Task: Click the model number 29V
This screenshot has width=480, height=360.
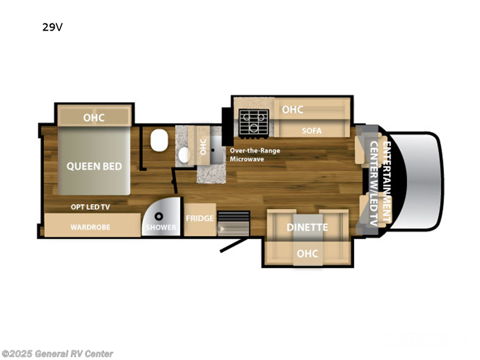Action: [x=52, y=27]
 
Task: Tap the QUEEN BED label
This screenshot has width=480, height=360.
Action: [x=94, y=166]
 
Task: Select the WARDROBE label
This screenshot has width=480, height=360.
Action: [x=91, y=227]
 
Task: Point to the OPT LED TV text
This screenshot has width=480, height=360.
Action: [x=91, y=207]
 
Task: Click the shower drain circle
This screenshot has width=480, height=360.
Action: [x=158, y=217]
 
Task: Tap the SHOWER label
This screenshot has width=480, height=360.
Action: [x=161, y=227]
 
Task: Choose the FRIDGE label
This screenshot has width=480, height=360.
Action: [x=200, y=218]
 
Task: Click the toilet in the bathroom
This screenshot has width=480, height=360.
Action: [x=159, y=140]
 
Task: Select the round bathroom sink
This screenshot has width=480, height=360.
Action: [x=184, y=155]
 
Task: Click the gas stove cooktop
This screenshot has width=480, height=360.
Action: [x=254, y=122]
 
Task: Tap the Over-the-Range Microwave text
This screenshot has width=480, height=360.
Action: [x=255, y=155]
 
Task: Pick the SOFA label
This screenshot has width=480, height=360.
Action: [x=311, y=131]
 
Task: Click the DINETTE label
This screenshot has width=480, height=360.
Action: [x=307, y=227]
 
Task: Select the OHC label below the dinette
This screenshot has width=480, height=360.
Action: [x=307, y=254]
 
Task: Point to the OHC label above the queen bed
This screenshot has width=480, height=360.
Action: [x=94, y=118]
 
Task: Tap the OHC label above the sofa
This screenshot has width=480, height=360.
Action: [x=293, y=110]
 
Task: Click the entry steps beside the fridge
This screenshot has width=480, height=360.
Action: [x=233, y=223]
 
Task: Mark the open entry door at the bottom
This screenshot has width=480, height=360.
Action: [x=233, y=245]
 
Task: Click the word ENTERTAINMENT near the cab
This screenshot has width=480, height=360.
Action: [x=387, y=182]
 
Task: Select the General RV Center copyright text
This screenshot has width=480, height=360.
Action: [x=57, y=354]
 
